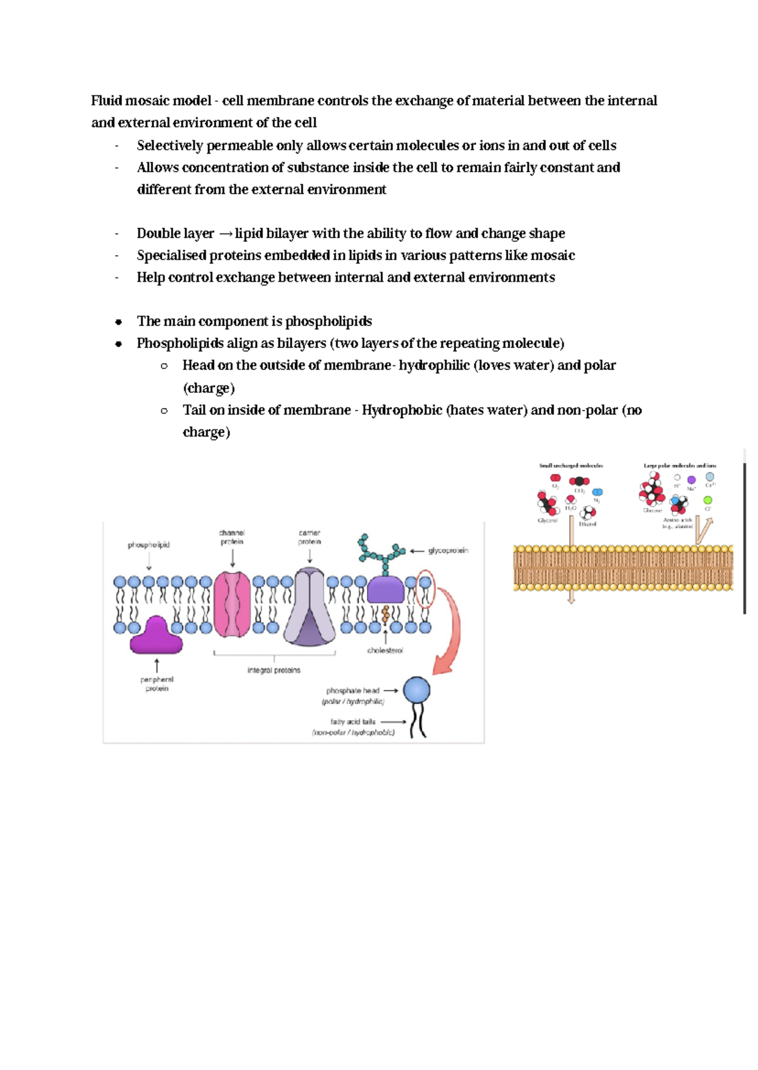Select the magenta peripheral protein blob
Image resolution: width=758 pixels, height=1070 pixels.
[x=156, y=637]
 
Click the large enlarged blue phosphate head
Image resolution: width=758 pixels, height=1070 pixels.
[x=416, y=690]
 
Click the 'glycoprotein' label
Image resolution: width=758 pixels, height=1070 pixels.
[x=448, y=551]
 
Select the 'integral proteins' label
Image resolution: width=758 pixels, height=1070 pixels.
[x=274, y=670]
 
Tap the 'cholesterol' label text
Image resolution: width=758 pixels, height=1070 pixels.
[x=385, y=651]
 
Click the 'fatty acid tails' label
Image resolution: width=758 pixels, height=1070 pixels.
[x=352, y=721]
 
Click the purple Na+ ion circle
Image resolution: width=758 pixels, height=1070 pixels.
[x=691, y=480]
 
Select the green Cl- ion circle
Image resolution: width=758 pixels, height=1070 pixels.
[x=707, y=500]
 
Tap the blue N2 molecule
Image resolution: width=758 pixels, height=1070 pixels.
[x=597, y=492]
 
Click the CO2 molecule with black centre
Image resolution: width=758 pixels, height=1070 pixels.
[x=579, y=481]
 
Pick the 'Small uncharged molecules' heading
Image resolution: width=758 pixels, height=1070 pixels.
[x=570, y=466]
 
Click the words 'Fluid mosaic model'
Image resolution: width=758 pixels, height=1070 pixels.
[x=150, y=101]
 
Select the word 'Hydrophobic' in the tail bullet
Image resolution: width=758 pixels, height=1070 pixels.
[x=402, y=411]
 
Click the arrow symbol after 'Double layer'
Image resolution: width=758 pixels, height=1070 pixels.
[x=226, y=234]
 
